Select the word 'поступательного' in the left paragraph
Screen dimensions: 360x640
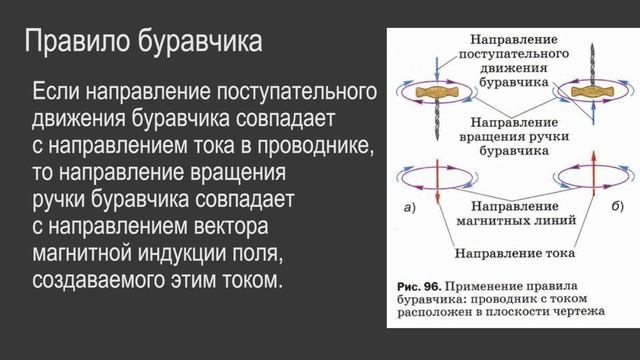point(296,92)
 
